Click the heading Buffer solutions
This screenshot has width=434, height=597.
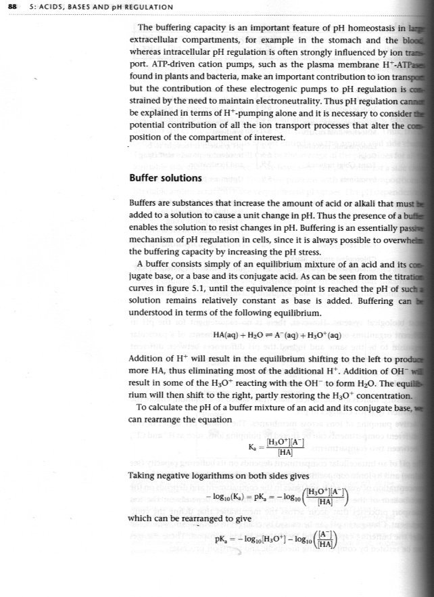tap(165, 178)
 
